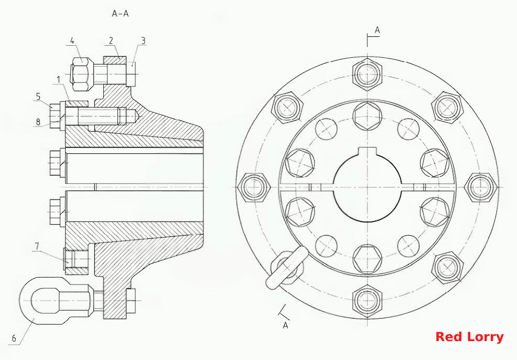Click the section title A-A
[121, 14]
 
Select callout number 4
[72, 40]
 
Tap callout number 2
[111, 40]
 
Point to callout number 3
[143, 40]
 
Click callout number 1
[58, 80]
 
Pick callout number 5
[38, 97]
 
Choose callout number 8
[38, 122]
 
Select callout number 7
[37, 246]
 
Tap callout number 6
[14, 338]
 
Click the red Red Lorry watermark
[469, 337]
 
